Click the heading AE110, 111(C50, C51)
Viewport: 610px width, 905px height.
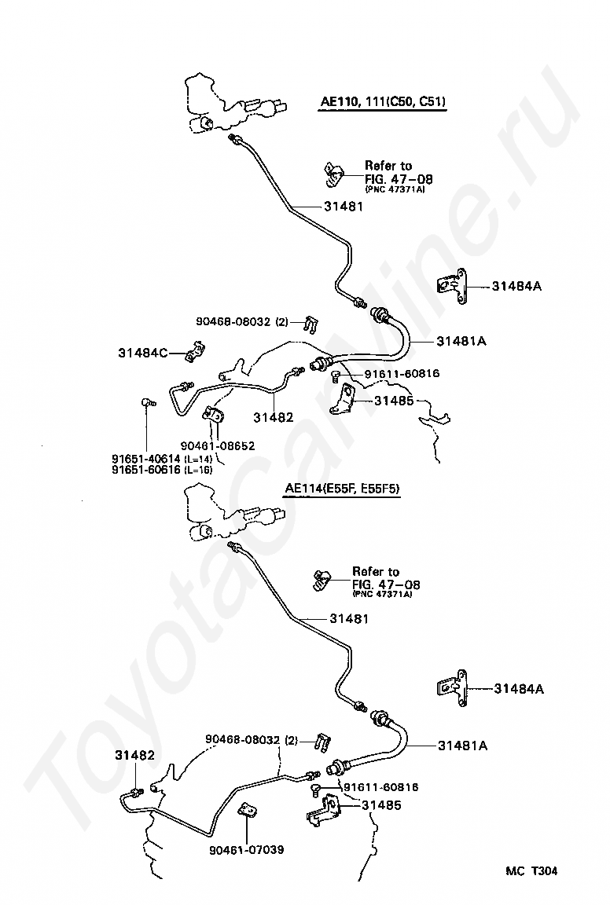click(384, 102)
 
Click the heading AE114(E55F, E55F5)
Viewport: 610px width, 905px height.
click(342, 489)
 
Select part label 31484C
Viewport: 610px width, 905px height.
click(143, 353)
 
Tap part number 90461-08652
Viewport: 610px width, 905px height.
click(217, 445)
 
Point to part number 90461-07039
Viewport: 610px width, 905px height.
click(247, 849)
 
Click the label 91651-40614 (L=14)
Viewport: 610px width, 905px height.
click(162, 459)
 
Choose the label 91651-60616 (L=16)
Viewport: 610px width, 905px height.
click(162, 470)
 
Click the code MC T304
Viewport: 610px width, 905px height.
click(531, 871)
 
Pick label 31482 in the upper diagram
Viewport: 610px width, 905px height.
click(274, 416)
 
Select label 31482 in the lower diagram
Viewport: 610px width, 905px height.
click(134, 755)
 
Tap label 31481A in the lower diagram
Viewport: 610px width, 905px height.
click(462, 746)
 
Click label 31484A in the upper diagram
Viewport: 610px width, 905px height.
click(517, 286)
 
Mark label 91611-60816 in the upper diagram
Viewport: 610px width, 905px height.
click(402, 373)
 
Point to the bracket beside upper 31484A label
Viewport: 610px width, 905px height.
click(452, 286)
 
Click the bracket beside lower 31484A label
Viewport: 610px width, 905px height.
click(452, 688)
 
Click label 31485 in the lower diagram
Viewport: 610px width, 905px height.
click(381, 805)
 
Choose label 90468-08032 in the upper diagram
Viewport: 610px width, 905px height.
click(233, 321)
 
